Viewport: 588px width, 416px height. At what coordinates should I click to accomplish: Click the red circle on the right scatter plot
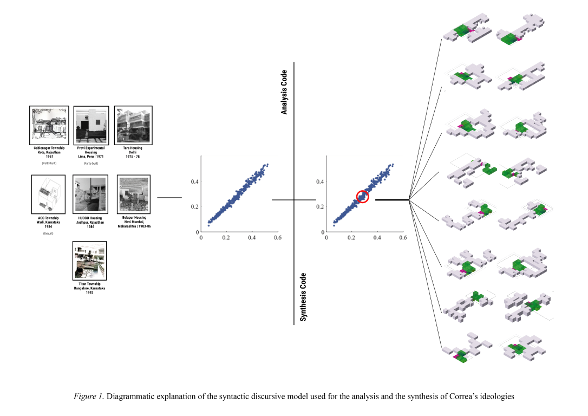click(x=363, y=197)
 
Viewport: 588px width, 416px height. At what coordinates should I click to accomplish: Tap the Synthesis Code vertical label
click(x=303, y=297)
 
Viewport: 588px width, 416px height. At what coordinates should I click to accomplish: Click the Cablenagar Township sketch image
click(x=49, y=125)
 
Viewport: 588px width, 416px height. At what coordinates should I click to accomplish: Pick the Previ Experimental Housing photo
click(x=91, y=125)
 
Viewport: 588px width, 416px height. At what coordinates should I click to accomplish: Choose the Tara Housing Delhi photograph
click(x=133, y=125)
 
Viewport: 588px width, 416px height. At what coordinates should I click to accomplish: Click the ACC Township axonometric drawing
click(x=48, y=194)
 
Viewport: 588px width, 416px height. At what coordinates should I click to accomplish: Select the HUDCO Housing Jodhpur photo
click(x=90, y=194)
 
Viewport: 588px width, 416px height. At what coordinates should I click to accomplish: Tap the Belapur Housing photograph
click(x=133, y=194)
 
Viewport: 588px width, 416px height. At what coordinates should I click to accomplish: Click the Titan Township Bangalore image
click(x=90, y=261)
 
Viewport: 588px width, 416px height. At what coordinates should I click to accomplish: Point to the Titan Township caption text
click(x=90, y=288)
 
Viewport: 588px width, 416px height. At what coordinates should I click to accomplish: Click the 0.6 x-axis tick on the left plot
click(x=277, y=237)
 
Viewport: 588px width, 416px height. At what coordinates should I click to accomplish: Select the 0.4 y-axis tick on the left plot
click(x=194, y=181)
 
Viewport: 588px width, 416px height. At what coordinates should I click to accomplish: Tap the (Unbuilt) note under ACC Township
click(x=48, y=233)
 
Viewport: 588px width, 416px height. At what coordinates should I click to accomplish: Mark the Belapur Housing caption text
click(x=133, y=222)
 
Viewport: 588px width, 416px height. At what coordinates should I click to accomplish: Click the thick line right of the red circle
click(x=392, y=200)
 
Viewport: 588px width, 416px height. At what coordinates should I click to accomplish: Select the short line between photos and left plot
click(x=169, y=198)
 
